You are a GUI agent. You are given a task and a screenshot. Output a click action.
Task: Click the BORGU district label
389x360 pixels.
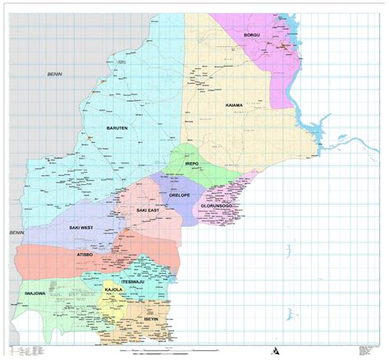[256, 35]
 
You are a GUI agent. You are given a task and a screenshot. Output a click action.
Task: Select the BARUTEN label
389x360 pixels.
[117, 129]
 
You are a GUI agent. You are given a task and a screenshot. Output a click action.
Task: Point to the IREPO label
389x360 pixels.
[193, 164]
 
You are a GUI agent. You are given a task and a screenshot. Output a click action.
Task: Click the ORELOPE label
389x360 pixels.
[180, 196]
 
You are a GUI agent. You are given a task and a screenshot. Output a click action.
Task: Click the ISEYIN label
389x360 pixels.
[149, 318]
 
